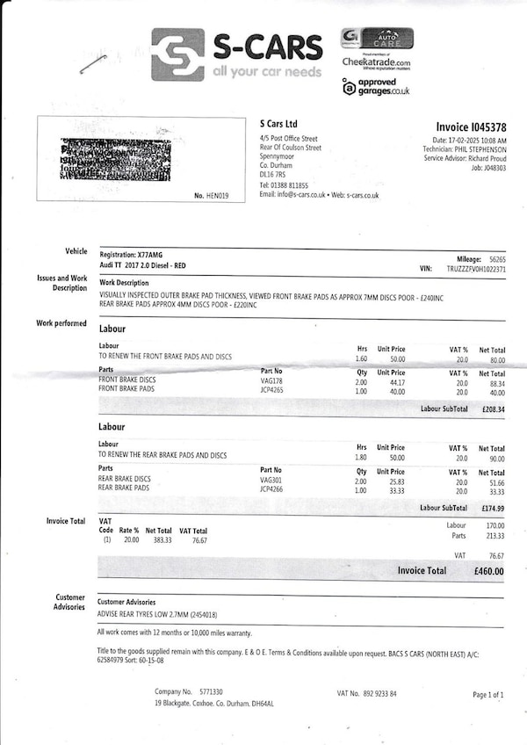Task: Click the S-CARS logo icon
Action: click(177, 54)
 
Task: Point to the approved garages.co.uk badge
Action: click(376, 86)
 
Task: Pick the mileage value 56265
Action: click(497, 259)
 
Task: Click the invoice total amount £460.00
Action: click(487, 570)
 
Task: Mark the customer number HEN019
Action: click(216, 196)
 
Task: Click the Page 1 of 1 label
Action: click(488, 695)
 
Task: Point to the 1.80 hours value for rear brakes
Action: click(362, 458)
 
